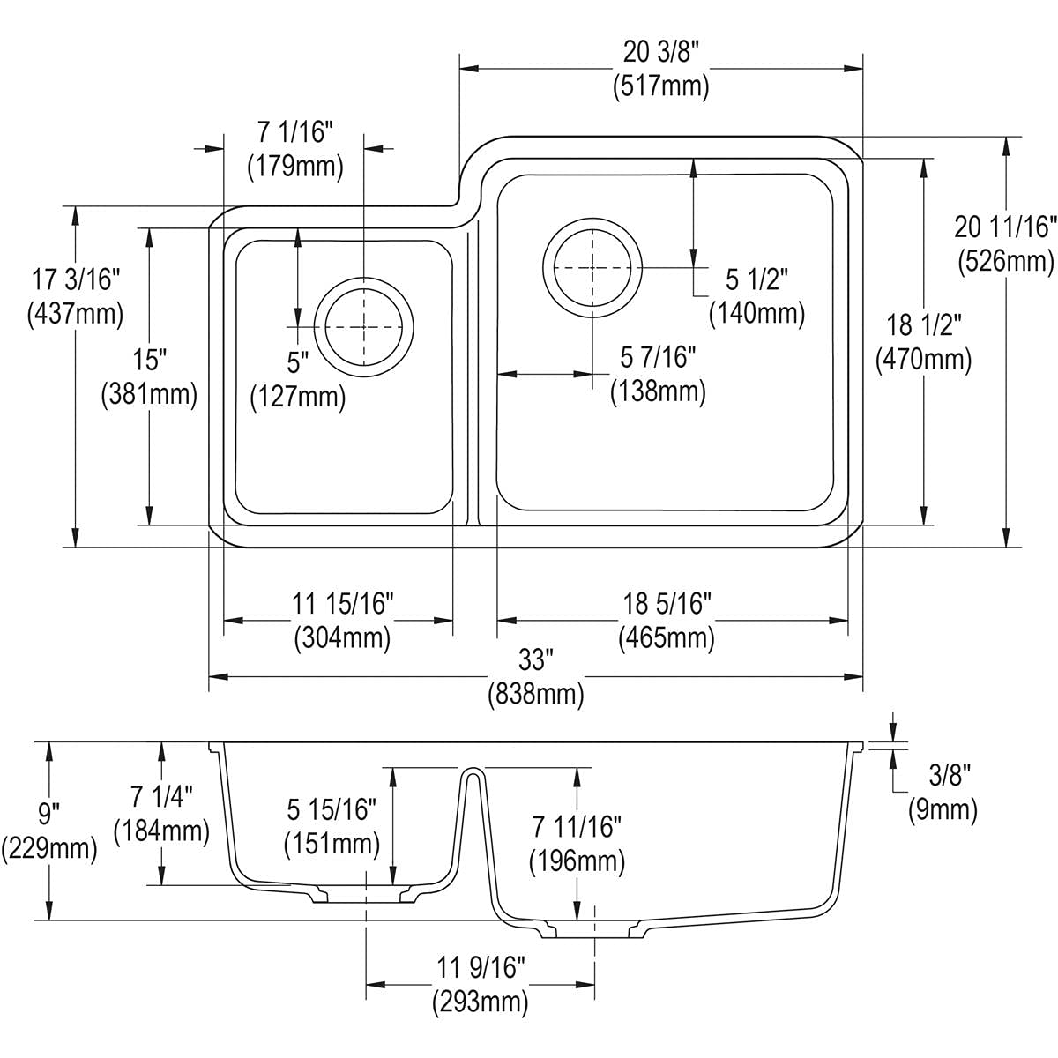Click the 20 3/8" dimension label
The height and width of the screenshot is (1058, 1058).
tap(660, 53)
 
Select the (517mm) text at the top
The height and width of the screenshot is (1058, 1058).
tap(660, 86)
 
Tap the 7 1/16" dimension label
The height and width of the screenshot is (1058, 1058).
tap(294, 132)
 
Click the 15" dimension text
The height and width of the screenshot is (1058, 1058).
tap(150, 360)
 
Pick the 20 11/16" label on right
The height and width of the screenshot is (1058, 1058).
tap(1005, 227)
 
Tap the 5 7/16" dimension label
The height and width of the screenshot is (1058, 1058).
tap(658, 357)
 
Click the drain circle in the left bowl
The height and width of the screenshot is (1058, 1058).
tap(364, 326)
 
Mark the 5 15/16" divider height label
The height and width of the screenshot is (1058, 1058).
tap(332, 809)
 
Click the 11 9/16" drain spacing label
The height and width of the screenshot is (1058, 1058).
tap(480, 967)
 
